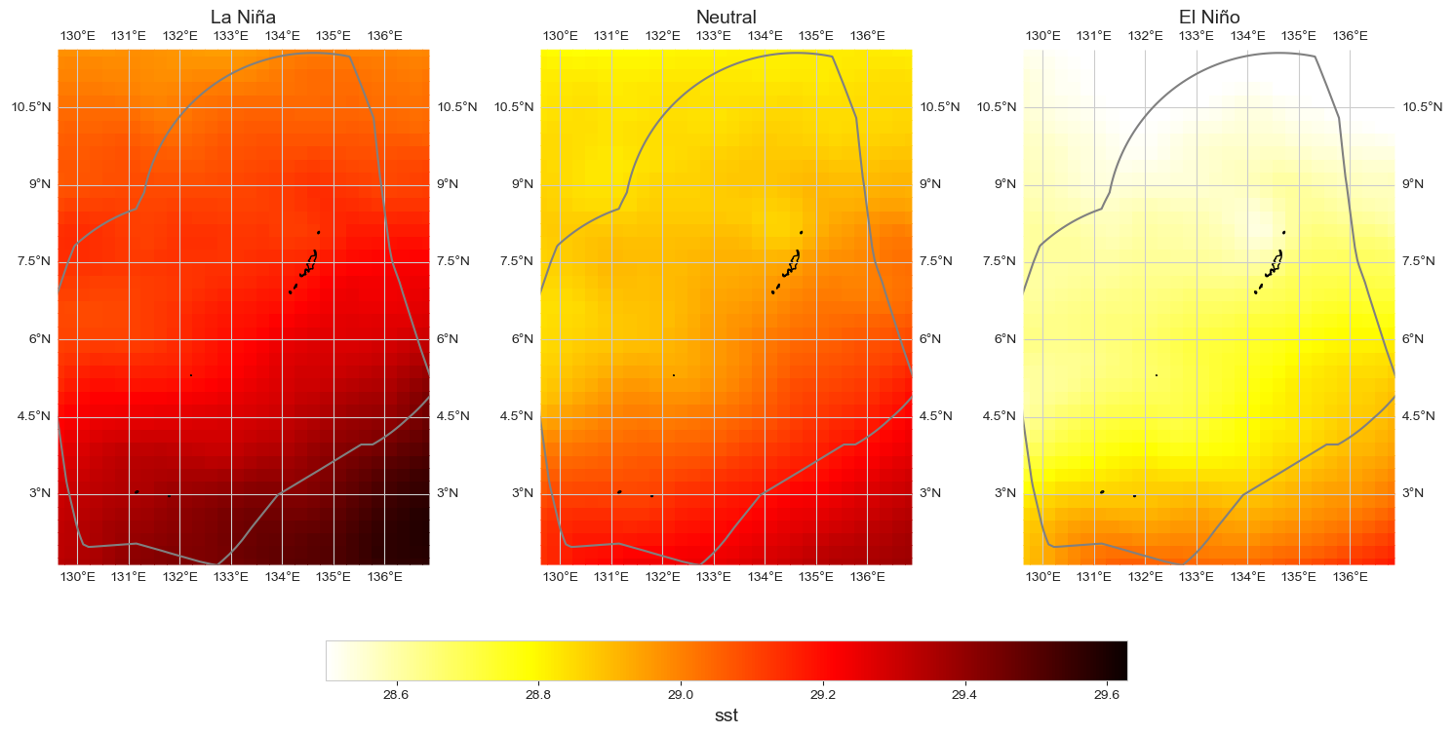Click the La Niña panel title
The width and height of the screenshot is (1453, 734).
click(x=243, y=17)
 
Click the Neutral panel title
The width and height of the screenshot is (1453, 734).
click(x=726, y=17)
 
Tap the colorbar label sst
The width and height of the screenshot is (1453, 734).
click(x=726, y=715)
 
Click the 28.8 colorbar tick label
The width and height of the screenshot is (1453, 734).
click(x=538, y=695)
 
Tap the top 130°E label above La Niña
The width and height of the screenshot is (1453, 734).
click(x=78, y=36)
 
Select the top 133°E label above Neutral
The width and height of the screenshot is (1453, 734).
click(x=714, y=36)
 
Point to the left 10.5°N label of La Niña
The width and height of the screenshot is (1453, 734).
click(x=32, y=106)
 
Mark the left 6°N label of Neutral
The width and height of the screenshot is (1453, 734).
click(x=520, y=338)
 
